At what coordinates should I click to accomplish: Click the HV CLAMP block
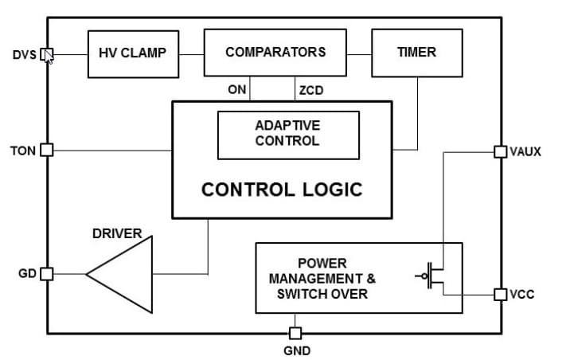coord(132,53)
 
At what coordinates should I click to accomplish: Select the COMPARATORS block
coord(275,53)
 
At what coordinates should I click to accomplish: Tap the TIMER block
coord(416,53)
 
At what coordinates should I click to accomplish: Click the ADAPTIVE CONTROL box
coord(287,134)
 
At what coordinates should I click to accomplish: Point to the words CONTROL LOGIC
coord(281,190)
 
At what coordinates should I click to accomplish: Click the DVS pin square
coord(46,55)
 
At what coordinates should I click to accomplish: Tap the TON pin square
coord(46,150)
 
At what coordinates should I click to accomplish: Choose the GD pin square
coord(46,274)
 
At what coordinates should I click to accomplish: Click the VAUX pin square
coord(500,151)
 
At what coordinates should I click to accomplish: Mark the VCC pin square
coord(500,294)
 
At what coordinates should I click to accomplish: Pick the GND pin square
coord(295,333)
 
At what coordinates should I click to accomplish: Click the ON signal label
coord(236,90)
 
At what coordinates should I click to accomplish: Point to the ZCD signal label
coord(310,90)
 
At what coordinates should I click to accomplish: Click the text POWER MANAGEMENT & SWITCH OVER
coord(322,278)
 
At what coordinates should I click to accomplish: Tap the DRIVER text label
coord(117,234)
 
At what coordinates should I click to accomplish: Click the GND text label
coord(296,350)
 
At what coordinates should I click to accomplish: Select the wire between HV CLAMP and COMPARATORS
coord(191,54)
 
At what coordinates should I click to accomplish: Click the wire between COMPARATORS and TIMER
coord(359,54)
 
